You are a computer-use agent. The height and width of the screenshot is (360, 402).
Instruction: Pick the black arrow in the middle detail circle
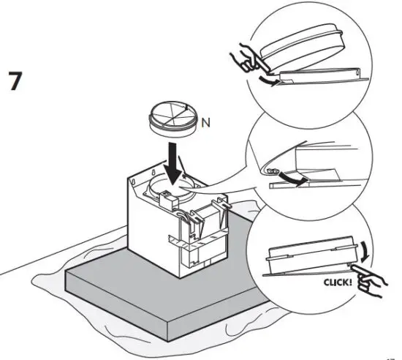[295, 178]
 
